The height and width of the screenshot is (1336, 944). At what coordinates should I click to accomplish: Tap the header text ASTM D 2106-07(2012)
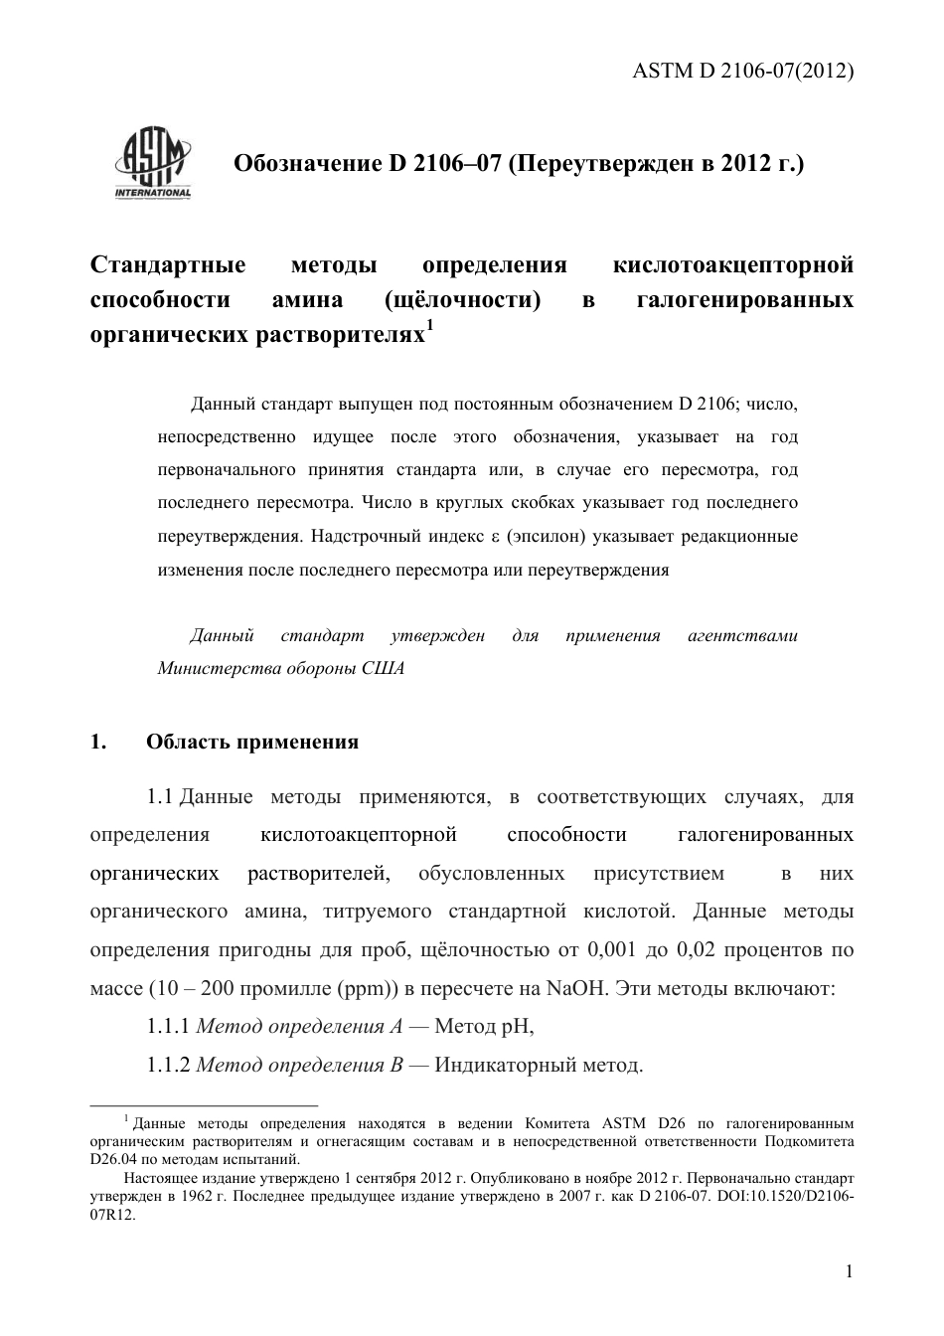click(743, 72)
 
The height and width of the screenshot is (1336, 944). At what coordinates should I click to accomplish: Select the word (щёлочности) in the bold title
click(462, 300)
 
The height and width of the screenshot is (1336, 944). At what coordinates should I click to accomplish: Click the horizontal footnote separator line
click(204, 1104)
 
